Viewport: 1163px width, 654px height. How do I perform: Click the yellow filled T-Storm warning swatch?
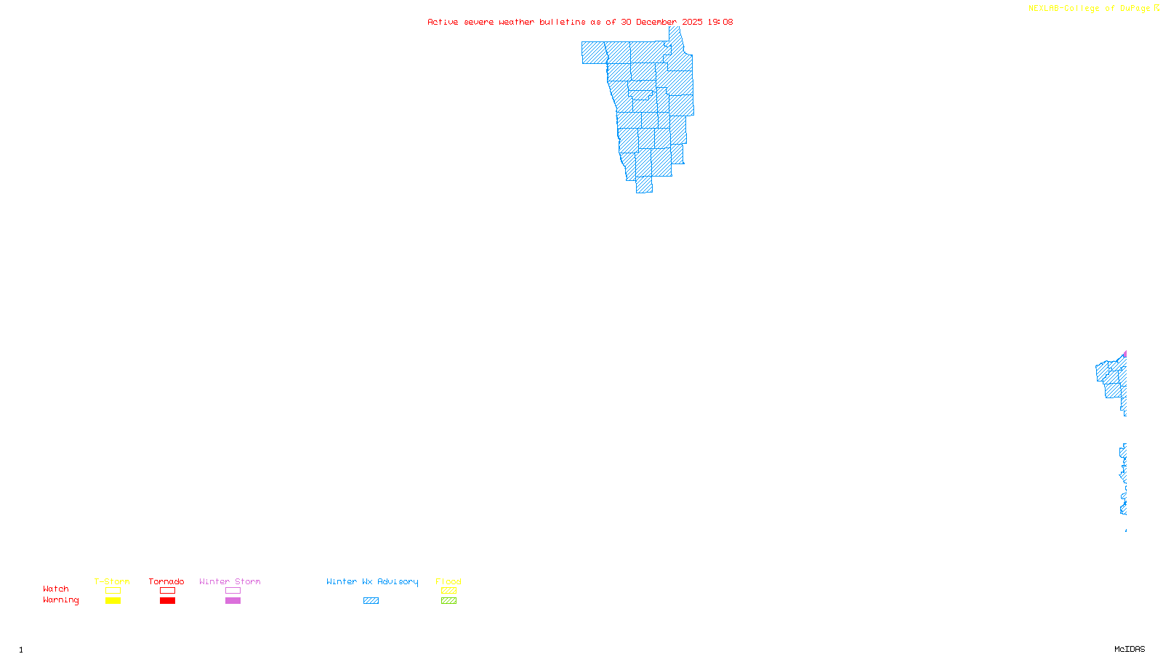coord(113,601)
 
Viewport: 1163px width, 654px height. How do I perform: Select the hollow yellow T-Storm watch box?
coord(113,591)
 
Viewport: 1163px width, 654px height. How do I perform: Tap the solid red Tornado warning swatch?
coord(167,601)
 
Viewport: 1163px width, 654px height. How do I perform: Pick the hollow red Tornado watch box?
coord(167,591)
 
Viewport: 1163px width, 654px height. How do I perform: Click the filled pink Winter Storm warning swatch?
coord(233,601)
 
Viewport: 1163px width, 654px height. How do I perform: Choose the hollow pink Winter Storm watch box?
coord(233,591)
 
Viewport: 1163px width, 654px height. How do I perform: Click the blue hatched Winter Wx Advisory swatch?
coord(371,601)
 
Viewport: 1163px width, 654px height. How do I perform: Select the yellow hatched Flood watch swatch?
coord(448,591)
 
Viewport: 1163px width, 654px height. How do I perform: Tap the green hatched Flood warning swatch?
coord(448,601)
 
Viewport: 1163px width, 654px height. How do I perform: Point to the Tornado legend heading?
coord(166,581)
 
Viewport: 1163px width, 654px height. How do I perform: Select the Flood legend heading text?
coord(448,581)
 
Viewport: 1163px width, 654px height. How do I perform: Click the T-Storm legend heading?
coord(112,581)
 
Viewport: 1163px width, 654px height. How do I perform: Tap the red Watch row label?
coord(56,589)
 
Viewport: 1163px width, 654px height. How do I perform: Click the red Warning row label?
coord(61,600)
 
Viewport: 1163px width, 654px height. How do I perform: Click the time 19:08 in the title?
coord(720,22)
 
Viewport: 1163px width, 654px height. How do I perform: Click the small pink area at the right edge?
coord(1124,355)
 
